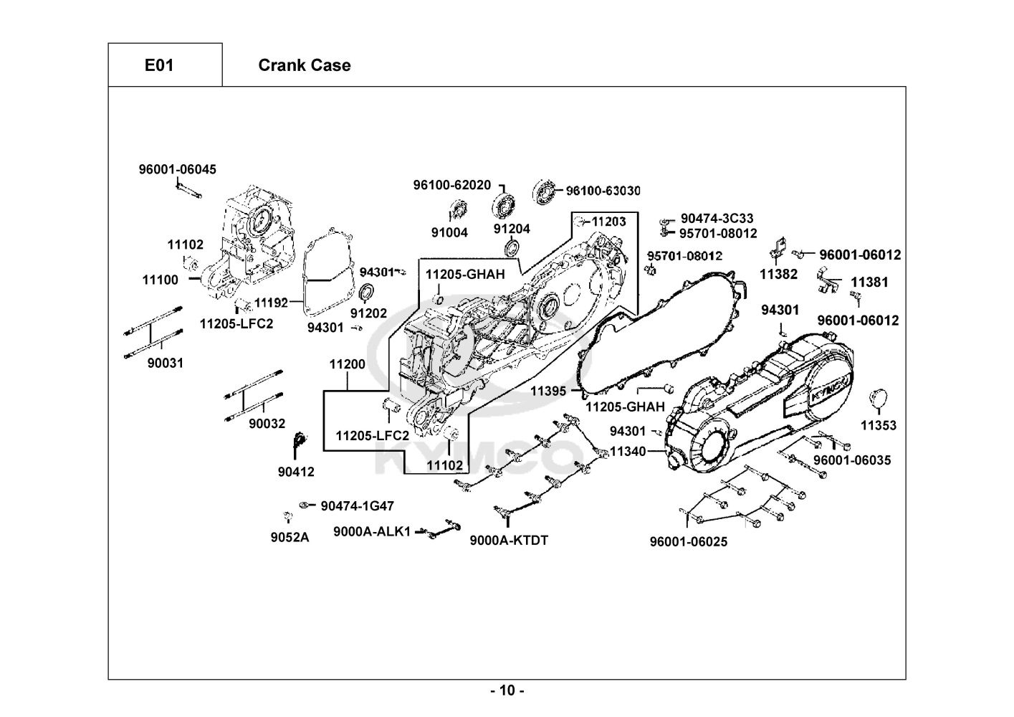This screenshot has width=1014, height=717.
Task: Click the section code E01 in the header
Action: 159,65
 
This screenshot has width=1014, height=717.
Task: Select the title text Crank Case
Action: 304,65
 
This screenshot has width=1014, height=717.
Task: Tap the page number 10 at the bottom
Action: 507,691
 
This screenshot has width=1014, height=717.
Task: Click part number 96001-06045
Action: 177,170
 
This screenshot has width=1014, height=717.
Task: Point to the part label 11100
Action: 161,280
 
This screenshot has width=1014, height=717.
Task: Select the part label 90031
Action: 166,363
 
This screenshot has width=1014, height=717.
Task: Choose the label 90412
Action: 296,472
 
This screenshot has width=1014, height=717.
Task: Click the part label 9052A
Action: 290,538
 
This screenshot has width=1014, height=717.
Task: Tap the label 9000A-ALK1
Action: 372,531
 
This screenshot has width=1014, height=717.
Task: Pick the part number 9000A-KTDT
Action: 509,540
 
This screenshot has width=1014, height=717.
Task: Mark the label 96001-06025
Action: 688,541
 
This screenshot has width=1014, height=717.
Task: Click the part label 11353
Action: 879,425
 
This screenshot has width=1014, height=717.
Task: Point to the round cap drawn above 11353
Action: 878,398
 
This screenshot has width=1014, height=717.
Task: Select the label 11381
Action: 869,282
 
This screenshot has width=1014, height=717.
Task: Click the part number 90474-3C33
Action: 717,218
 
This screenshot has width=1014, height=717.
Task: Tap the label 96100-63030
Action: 603,191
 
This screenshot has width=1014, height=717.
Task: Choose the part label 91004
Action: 449,232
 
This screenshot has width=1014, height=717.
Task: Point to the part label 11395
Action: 548,391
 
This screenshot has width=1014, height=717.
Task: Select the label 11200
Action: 348,364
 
